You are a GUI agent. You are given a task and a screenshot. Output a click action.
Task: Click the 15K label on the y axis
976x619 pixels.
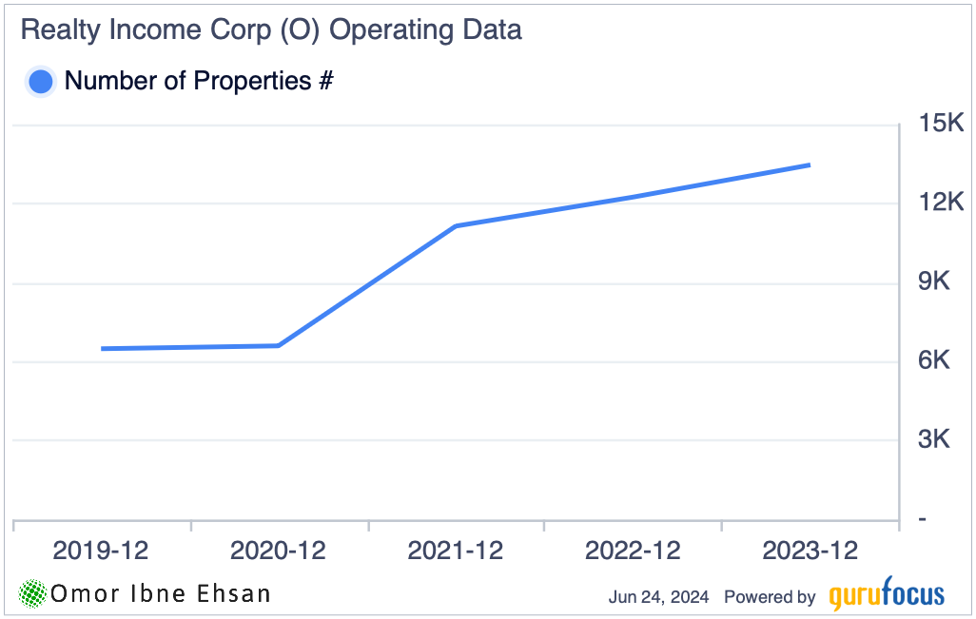(x=941, y=124)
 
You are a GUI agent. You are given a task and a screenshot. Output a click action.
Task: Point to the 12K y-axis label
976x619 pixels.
(x=941, y=203)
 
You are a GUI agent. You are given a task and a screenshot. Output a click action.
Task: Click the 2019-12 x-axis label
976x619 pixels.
(x=101, y=551)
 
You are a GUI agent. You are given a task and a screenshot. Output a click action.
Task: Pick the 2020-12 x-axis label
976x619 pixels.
(x=278, y=551)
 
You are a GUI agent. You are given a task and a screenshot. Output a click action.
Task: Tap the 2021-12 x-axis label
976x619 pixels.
(x=456, y=551)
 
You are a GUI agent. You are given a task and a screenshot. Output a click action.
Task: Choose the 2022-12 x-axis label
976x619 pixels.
(x=633, y=551)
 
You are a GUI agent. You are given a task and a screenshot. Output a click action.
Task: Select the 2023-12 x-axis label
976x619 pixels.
(x=810, y=551)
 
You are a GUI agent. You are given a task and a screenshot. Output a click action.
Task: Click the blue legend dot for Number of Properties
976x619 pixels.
(x=41, y=82)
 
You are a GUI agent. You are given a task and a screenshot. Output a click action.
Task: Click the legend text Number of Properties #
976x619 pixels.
(x=198, y=82)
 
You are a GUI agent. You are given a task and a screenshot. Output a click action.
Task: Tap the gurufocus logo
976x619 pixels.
(x=887, y=595)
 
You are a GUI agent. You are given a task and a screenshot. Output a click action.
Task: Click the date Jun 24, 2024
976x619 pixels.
(x=658, y=597)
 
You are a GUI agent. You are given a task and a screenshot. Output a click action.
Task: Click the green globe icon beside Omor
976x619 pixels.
(x=33, y=594)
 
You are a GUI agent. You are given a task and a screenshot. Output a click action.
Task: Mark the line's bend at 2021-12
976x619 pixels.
(x=456, y=226)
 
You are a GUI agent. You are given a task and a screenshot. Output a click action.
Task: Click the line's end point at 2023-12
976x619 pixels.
(x=810, y=165)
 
